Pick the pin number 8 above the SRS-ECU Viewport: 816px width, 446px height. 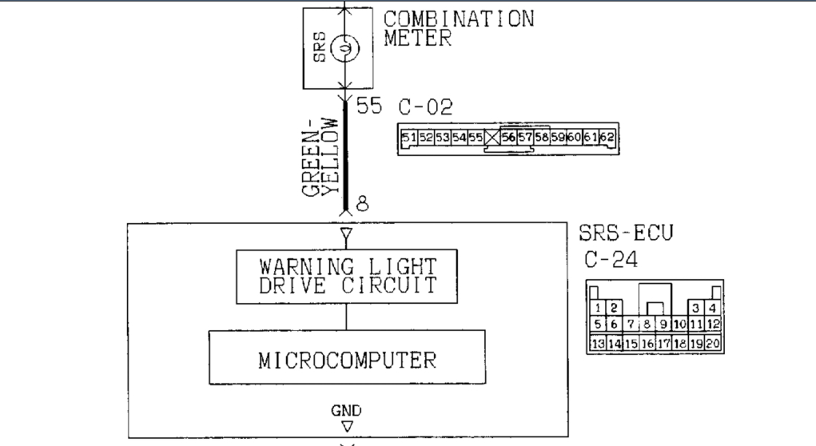pos(361,203)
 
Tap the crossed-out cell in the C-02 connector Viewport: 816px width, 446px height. pos(494,137)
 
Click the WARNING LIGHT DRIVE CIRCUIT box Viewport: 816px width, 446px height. pos(346,276)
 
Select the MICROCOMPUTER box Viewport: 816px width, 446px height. pos(346,357)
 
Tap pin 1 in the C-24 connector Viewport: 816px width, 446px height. pos(598,309)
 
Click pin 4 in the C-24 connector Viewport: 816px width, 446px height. pos(712,309)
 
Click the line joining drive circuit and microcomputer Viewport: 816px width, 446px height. pos(346,317)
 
